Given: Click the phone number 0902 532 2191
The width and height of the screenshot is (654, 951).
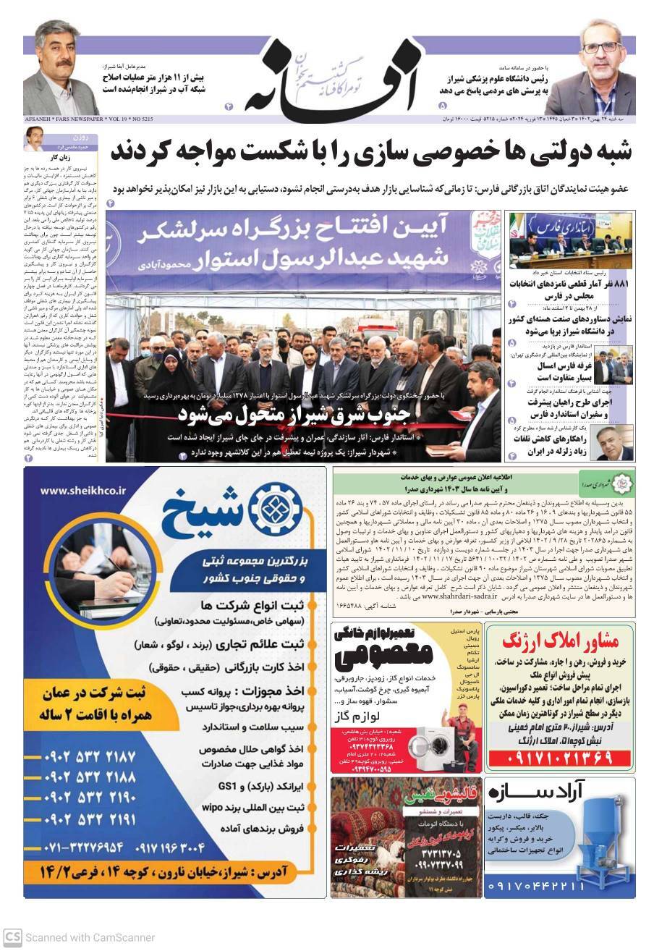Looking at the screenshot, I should [90, 820].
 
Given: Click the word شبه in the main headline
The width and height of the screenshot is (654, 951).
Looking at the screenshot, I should [593, 153].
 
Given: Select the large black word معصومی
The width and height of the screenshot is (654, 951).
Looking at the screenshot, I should [383, 651].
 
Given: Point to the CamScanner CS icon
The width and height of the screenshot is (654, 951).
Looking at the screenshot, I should [12, 936].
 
